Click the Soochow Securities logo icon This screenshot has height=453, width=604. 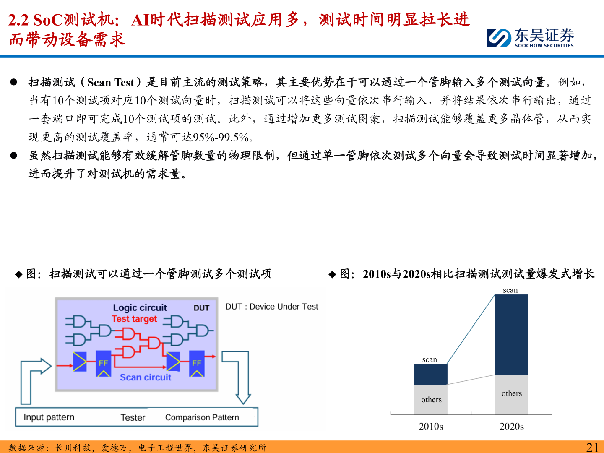click(499, 38)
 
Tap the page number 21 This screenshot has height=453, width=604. click(592, 447)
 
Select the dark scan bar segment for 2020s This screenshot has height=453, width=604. click(511, 335)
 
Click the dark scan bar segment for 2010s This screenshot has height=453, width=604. click(431, 375)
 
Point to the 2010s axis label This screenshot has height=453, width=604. click(431, 427)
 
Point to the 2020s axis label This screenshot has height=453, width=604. click(511, 427)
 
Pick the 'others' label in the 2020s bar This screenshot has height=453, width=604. click(511, 393)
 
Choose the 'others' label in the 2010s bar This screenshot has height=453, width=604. click(431, 400)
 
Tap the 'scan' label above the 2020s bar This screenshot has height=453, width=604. click(510, 290)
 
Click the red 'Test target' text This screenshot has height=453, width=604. click(134, 319)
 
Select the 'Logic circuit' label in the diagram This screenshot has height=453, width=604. click(140, 307)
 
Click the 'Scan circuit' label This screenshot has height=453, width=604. click(146, 377)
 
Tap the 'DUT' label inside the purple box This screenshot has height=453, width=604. click(201, 308)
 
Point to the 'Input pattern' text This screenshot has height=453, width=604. click(49, 417)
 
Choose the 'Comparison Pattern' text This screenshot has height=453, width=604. click(202, 417)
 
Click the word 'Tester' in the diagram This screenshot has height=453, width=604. click(133, 417)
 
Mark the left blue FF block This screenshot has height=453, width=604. click(103, 363)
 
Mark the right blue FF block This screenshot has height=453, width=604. click(197, 363)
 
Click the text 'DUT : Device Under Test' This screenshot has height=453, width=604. click(272, 307)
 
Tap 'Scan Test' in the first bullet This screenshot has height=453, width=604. click(111, 82)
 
